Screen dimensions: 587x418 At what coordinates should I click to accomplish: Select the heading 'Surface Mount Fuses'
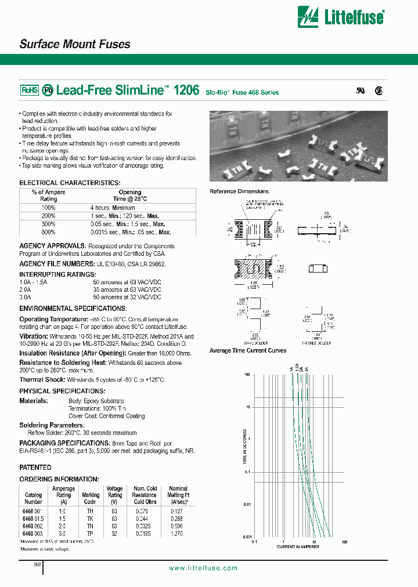point(75,44)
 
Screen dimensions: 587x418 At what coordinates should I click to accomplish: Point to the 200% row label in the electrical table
point(49,215)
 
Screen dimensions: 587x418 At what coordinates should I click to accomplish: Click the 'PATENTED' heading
point(35,467)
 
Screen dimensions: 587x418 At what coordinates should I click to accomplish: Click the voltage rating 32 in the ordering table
point(115,532)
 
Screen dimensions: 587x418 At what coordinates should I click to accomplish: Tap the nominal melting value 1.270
point(178,532)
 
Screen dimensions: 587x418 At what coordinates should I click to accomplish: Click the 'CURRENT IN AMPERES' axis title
point(297,547)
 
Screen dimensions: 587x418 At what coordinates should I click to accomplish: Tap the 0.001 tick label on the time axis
point(245,537)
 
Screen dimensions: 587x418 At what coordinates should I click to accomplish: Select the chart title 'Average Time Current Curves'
point(248,350)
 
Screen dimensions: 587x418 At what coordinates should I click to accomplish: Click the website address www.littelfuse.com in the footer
point(203,568)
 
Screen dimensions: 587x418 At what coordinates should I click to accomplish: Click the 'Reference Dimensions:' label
point(239,191)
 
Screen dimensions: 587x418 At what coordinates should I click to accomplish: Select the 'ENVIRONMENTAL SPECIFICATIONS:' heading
point(73,309)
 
